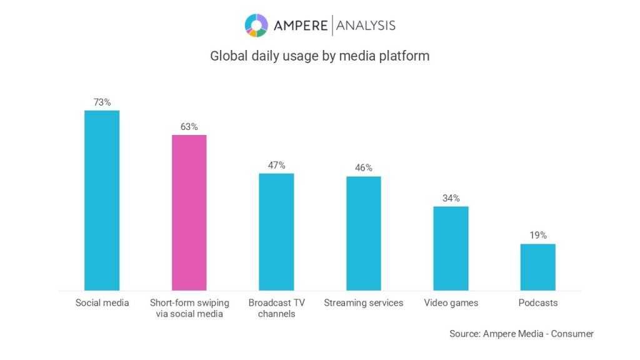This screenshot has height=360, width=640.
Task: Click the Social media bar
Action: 102,200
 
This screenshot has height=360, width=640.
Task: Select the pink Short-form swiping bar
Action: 189,212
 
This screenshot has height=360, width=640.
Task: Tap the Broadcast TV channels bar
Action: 276,231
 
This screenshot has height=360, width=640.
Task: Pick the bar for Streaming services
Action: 364,233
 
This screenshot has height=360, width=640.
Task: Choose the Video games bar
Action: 451,248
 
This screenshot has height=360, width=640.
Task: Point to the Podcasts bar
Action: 537,267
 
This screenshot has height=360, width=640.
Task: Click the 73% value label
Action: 102,102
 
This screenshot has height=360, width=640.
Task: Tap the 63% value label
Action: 189,127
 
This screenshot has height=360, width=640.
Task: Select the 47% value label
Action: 276,165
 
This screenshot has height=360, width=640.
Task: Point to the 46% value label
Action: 364,167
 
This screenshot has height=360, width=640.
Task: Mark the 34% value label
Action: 451,198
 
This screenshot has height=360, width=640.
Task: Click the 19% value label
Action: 537,235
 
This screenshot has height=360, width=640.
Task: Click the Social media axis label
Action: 102,303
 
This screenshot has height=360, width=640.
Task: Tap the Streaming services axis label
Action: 364,303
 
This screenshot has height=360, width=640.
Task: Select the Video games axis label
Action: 451,303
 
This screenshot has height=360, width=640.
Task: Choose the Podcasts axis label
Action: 537,303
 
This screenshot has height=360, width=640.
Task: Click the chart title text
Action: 319,56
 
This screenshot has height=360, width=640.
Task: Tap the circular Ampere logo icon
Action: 256,25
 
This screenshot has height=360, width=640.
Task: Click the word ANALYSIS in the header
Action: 366,25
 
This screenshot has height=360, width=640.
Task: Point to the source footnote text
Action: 521,334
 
